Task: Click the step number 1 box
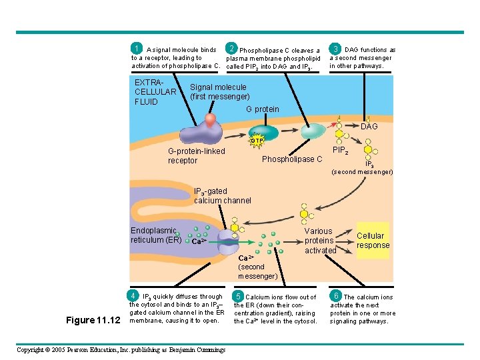(x=137, y=49)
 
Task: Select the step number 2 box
(x=231, y=49)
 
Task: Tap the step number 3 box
(x=336, y=49)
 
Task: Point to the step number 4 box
(x=134, y=295)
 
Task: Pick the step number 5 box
(x=237, y=296)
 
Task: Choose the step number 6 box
(x=336, y=296)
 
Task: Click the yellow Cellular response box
(x=373, y=240)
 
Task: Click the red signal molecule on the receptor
(x=211, y=121)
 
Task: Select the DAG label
(x=369, y=127)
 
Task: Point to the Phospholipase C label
(x=291, y=159)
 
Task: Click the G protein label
(x=263, y=109)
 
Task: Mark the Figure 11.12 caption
(x=93, y=320)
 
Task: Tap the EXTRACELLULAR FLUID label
(x=155, y=92)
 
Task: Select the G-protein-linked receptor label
(x=196, y=156)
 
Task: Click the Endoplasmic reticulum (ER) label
(x=153, y=235)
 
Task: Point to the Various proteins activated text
(x=320, y=241)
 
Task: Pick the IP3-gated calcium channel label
(x=222, y=196)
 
